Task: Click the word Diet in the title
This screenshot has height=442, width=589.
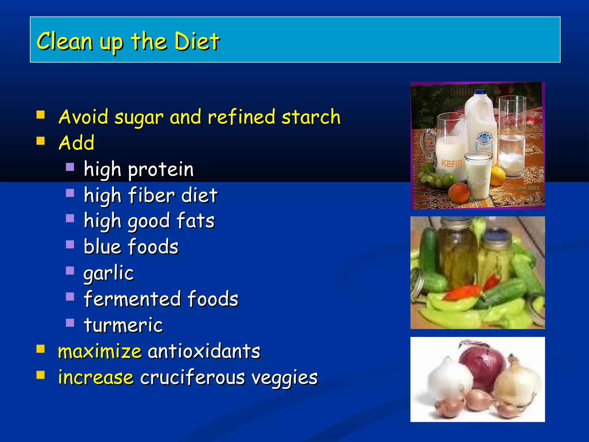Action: (x=197, y=42)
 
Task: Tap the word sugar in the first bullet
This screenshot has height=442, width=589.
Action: (x=139, y=118)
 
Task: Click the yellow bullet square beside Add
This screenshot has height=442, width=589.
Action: (x=41, y=141)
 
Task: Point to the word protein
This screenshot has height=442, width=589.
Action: (x=161, y=170)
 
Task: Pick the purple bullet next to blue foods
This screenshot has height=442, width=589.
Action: (x=70, y=244)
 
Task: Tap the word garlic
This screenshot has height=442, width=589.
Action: (x=109, y=273)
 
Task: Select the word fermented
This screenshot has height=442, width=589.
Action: (x=133, y=299)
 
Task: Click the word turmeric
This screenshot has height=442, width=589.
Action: (x=123, y=325)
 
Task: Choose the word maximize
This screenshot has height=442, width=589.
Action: (x=100, y=352)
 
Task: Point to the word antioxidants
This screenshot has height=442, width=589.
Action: (x=204, y=352)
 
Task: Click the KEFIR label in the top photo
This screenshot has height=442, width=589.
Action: (x=452, y=163)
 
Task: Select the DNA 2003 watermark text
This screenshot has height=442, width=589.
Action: (x=527, y=188)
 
